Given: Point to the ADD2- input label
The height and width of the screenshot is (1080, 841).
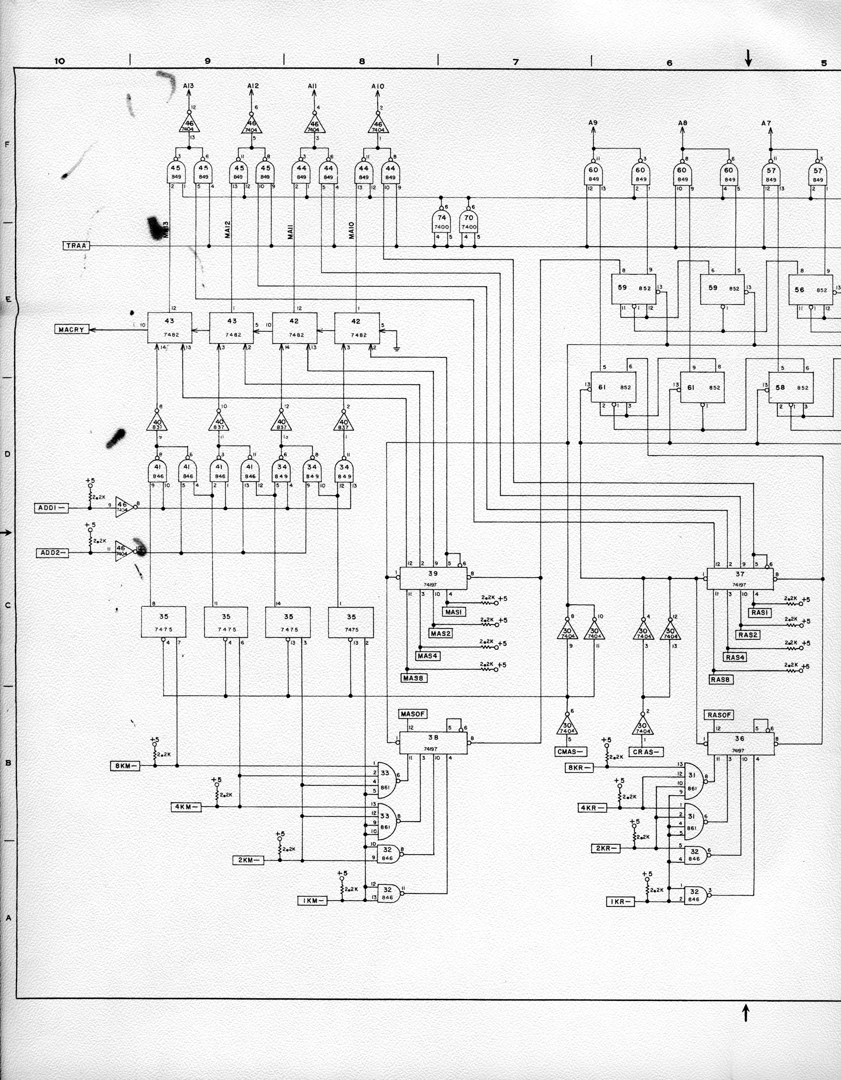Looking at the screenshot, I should coord(52,552).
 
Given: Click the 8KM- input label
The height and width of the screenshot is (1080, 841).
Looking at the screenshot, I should coord(124,766).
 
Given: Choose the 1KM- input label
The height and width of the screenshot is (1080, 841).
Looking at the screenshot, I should coord(312,901).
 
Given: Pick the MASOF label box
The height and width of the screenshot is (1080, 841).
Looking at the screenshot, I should coord(412,714).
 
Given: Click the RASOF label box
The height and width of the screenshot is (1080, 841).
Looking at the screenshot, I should coord(719,715).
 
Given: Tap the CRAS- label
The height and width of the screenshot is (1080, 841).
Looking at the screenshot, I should coord(647,752).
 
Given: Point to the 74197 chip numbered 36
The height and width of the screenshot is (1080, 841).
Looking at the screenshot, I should coord(740,743).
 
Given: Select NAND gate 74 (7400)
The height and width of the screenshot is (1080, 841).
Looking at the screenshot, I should coord(442,222).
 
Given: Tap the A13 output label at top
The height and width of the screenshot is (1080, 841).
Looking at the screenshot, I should coord(188,85).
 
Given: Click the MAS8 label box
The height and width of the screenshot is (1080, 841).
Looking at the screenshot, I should coord(413,678).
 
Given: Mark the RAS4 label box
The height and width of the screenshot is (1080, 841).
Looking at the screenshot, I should coord(735,657).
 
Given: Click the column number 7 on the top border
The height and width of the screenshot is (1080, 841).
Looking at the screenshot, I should coord(516,62).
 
